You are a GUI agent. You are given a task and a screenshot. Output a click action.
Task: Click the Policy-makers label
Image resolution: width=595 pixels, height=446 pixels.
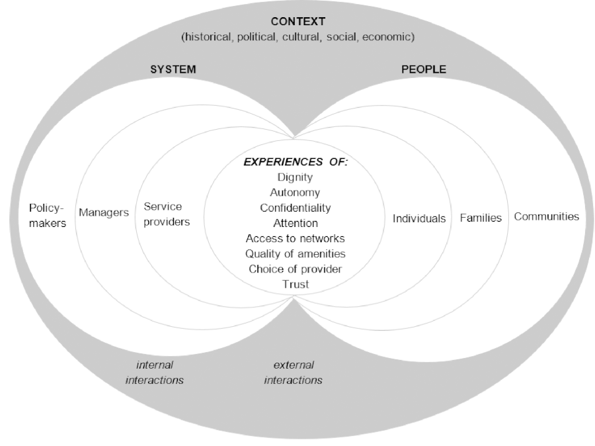coord(48,215)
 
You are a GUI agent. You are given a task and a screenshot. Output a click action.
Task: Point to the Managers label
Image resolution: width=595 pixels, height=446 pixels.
coord(103,214)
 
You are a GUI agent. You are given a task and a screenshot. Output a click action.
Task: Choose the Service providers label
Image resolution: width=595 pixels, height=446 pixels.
coord(167,214)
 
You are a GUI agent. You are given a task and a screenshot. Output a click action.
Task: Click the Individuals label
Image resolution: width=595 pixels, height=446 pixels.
coord(419,218)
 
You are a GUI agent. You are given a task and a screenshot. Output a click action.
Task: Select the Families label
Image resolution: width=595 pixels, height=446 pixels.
coord(481,217)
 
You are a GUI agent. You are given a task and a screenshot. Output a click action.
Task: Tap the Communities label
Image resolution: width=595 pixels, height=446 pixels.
coord(546,216)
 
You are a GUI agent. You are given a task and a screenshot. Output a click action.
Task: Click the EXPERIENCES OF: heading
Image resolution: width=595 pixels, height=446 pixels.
coord(296,163)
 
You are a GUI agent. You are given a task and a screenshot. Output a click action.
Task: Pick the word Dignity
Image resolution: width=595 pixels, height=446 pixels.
coord(296,177)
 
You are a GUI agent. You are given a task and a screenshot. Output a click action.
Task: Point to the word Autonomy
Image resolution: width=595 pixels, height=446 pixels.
coord(295,193)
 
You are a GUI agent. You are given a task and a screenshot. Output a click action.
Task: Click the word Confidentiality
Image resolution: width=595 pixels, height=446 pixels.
coord(295,208)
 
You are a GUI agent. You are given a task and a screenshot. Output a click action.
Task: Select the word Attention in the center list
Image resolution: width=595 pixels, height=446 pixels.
coord(295,223)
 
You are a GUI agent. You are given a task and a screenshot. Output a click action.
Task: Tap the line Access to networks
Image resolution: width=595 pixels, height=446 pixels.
coord(295,238)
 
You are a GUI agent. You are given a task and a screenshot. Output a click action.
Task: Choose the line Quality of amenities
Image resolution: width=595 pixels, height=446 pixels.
coord(295,253)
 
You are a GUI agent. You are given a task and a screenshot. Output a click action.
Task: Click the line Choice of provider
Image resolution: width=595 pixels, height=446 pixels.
coord(295,269)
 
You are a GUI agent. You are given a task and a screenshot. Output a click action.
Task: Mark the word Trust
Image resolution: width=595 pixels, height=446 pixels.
coord(295,284)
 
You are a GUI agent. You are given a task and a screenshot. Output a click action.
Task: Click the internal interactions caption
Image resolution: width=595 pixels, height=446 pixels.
coord(154,373)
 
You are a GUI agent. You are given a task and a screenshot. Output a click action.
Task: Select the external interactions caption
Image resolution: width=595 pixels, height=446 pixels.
coord(293,373)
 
